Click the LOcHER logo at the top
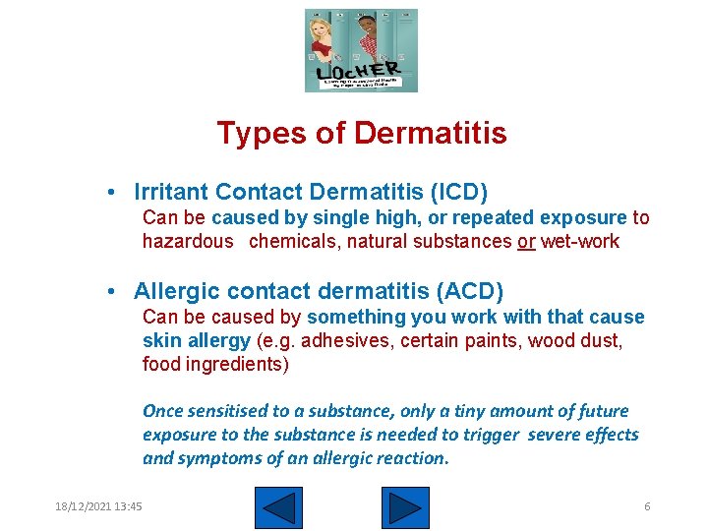click(361, 50)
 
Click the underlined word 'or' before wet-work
click(526, 242)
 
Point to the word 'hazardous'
click(188, 242)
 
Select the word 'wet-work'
click(580, 242)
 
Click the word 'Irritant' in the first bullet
click(171, 191)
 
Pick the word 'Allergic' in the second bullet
click(172, 291)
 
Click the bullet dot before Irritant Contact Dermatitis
click(115, 192)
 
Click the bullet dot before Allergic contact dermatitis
click(115, 292)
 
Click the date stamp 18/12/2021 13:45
click(98, 506)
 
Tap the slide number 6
click(647, 506)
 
